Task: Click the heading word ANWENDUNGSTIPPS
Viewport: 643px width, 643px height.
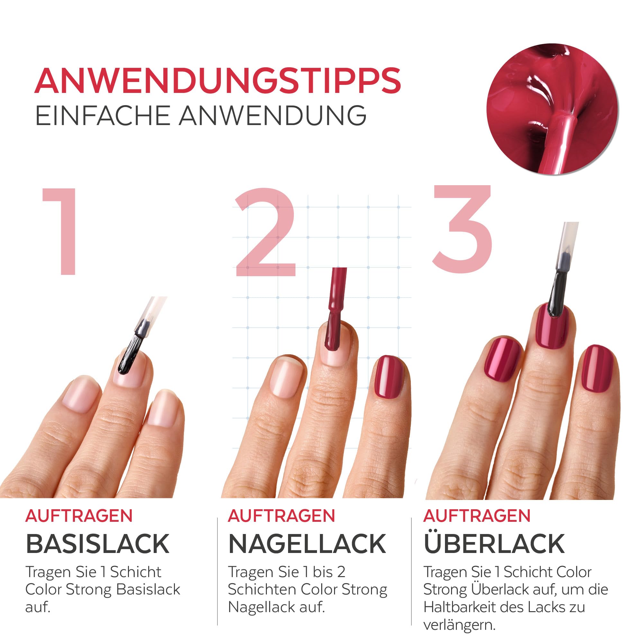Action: tap(218, 81)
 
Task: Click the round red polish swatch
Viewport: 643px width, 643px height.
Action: tap(552, 109)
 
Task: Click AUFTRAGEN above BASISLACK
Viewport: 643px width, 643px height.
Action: tap(79, 516)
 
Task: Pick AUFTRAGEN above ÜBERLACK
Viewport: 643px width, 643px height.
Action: tap(476, 516)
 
